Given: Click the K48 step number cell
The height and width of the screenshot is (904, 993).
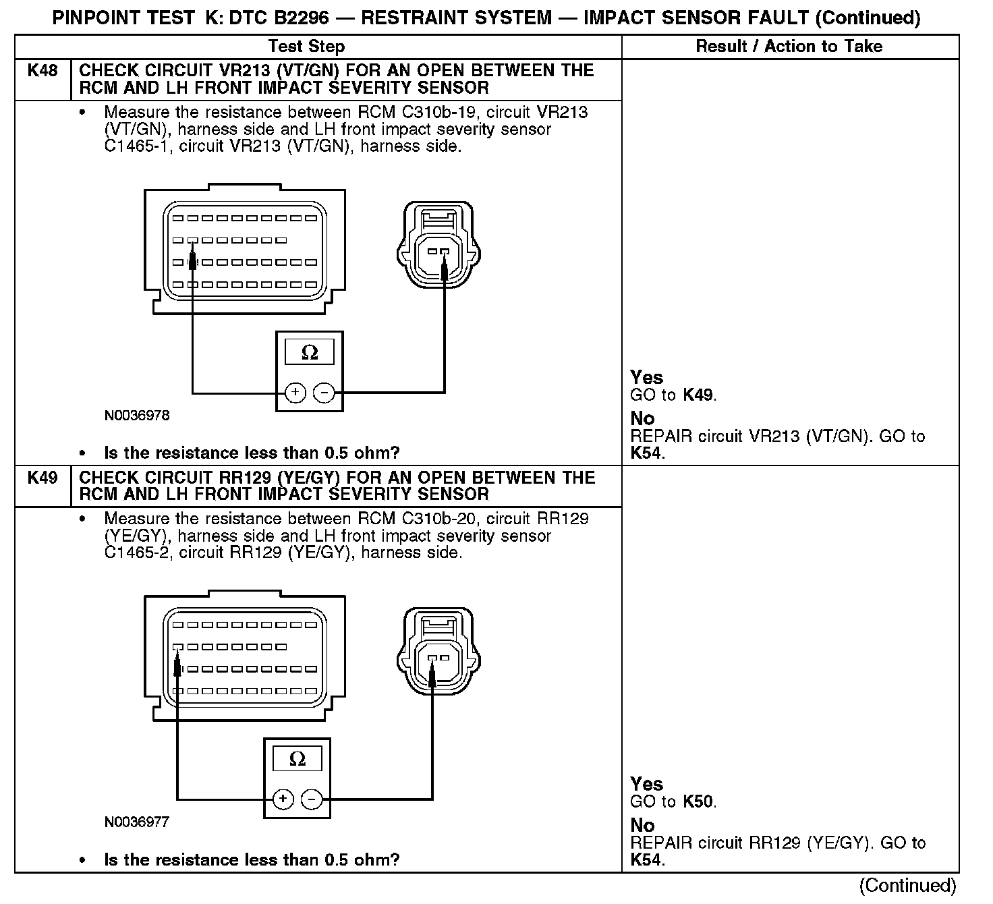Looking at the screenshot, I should click(42, 71).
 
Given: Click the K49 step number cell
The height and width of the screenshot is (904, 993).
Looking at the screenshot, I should click(42, 478).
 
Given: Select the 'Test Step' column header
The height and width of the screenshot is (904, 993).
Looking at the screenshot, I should click(306, 47).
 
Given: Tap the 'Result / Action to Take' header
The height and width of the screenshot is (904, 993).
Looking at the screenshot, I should click(789, 47).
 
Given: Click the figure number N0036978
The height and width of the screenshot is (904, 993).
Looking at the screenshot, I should click(137, 416).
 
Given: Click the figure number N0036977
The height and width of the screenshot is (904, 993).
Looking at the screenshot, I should click(137, 822).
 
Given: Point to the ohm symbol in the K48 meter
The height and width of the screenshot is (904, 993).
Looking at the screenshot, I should click(310, 352).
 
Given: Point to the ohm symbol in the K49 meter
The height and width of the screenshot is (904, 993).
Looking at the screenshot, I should click(297, 760).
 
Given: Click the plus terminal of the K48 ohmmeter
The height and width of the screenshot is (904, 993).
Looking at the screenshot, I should click(295, 393).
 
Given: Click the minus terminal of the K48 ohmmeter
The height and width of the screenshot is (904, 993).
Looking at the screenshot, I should click(325, 393).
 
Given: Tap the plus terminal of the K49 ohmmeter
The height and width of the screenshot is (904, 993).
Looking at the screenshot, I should click(283, 799).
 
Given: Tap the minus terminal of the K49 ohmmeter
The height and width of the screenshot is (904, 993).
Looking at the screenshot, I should click(312, 799).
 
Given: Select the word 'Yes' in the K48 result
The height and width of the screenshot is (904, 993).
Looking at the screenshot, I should click(646, 377).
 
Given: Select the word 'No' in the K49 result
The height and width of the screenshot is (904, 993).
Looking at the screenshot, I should click(642, 825).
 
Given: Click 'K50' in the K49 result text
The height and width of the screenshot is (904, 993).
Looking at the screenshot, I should click(698, 802).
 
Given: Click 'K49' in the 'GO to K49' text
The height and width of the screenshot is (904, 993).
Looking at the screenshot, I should click(698, 395).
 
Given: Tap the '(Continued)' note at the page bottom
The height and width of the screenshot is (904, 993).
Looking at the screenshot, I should click(907, 885).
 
